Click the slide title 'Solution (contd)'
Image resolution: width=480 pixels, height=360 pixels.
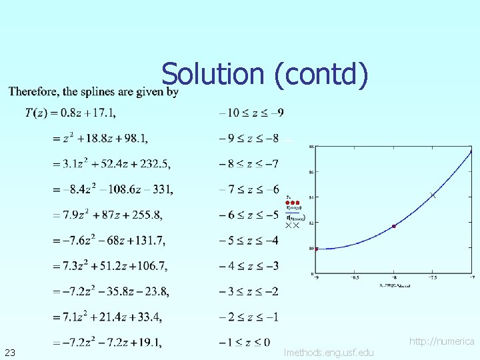264,75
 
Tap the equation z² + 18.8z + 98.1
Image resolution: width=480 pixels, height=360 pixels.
100,138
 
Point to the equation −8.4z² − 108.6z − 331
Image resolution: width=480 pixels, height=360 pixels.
113,189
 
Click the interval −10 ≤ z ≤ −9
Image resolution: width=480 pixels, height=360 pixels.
251,113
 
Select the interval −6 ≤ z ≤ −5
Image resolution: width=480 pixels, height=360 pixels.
249,214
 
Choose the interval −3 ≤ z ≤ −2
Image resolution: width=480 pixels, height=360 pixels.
249,291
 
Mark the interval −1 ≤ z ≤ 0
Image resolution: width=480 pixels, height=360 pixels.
244,342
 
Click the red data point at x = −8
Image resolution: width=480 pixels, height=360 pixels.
394,227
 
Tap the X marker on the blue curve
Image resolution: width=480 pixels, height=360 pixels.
433,195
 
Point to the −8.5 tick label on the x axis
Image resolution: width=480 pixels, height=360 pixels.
355,278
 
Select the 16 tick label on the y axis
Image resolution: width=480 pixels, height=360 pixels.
311,171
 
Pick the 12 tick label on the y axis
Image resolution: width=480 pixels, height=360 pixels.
311,223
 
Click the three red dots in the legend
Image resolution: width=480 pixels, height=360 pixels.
292,202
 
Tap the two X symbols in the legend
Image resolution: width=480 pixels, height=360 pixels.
292,226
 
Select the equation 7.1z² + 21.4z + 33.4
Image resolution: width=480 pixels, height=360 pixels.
107,317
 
